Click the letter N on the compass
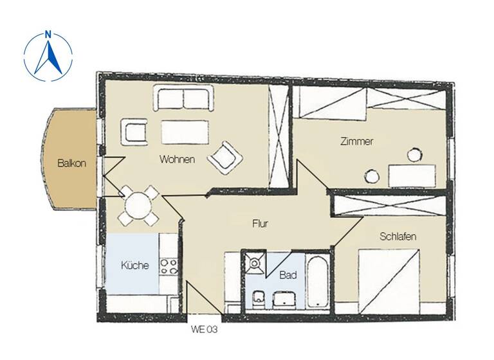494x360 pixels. coord(48,35)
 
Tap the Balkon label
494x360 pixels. coord(71,163)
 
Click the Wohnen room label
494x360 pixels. coord(177,160)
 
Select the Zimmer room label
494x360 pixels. coord(356,142)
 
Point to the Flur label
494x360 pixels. coord(259,224)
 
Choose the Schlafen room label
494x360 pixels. coord(398,237)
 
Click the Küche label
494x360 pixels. coord(135,265)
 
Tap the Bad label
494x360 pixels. coord(288,274)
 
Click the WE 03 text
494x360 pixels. coord(205,330)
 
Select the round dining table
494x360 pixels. coord(138,206)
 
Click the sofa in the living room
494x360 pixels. coord(181,99)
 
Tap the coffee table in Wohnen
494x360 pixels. coord(185,132)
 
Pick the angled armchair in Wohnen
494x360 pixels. coord(225,156)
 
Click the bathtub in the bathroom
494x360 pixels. coord(318,282)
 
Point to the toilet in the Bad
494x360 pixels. coord(258,298)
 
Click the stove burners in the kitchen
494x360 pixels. coord(169,266)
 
